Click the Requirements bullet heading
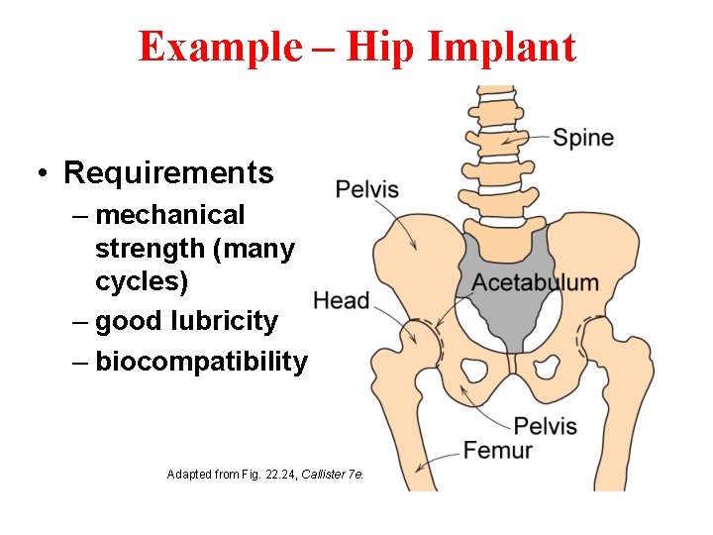tap(168, 172)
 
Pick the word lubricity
tap(225, 321)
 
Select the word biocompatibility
tap(201, 361)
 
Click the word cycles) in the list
tap(141, 281)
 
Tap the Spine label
tap(582, 138)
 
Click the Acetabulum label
tap(535, 282)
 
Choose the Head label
tap(341, 300)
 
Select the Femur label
tap(497, 451)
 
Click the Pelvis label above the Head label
tap(366, 188)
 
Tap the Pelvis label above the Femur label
tap(545, 427)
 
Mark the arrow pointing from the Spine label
tap(525, 138)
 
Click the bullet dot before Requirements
tap(44, 174)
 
